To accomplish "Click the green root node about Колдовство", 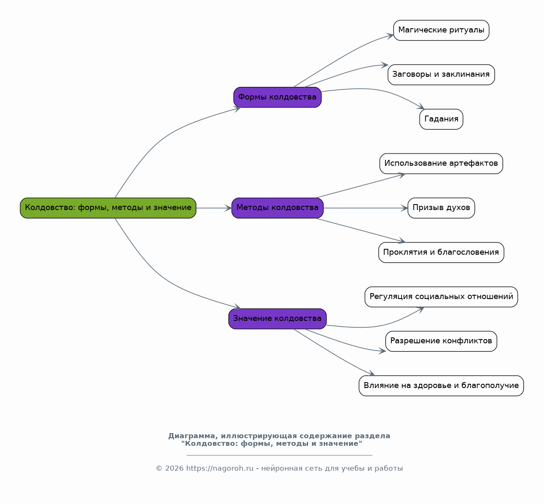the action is (108, 208).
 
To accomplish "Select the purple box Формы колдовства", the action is (278, 97).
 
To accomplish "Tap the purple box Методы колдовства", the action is (278, 208).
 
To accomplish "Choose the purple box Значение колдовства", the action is (278, 319).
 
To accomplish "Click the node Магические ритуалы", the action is (441, 30).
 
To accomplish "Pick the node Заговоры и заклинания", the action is (441, 75).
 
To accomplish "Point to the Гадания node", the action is (441, 119).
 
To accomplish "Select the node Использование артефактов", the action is (441, 164).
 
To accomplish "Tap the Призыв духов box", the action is (441, 208).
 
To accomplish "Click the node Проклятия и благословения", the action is (441, 253).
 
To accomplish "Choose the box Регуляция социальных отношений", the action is (441, 297).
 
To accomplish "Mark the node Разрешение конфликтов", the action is (441, 341).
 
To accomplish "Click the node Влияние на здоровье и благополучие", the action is (441, 386).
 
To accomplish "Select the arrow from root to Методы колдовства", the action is (214, 208).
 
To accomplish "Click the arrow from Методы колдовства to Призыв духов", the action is (366, 208).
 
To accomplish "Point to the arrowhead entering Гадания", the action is (421, 107).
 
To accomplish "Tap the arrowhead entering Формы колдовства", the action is (237, 109).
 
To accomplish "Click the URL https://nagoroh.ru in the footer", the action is (220, 468).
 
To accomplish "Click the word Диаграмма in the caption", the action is (191, 436).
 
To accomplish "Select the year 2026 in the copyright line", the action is (174, 468).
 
